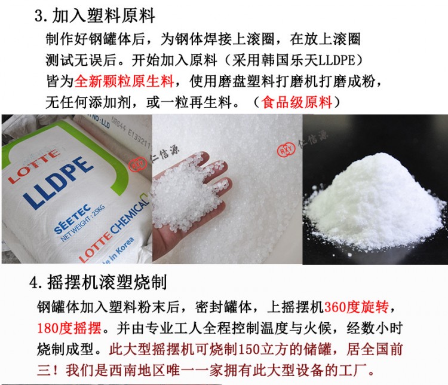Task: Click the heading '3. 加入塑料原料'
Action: (x=95, y=16)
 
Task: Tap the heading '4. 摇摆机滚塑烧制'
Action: (x=99, y=283)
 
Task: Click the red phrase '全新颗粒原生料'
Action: (x=124, y=81)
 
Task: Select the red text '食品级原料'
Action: (x=297, y=102)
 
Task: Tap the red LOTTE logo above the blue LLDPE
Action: (x=33, y=166)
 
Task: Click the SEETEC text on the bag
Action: (x=72, y=218)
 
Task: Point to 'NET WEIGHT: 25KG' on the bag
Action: (x=83, y=224)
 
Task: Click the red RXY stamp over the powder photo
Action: (x=286, y=149)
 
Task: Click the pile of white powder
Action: (x=375, y=205)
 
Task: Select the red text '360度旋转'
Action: (x=356, y=307)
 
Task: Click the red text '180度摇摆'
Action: (x=69, y=328)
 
